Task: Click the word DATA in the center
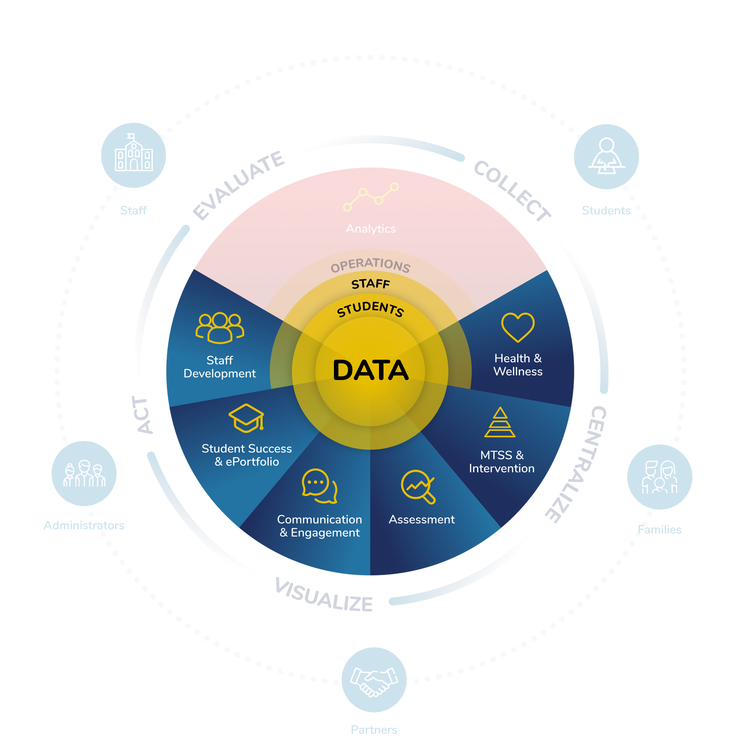pos(370,370)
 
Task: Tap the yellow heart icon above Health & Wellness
pos(517,327)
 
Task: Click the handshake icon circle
pos(374,680)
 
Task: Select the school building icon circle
pos(133,155)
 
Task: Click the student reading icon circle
pos(606,157)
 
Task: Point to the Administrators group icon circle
pos(84,473)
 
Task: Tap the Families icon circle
pos(659,477)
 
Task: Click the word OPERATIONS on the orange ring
pos(370,265)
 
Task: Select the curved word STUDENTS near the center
pos(370,309)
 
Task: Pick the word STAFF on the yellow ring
pos(370,284)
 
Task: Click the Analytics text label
pos(370,228)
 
